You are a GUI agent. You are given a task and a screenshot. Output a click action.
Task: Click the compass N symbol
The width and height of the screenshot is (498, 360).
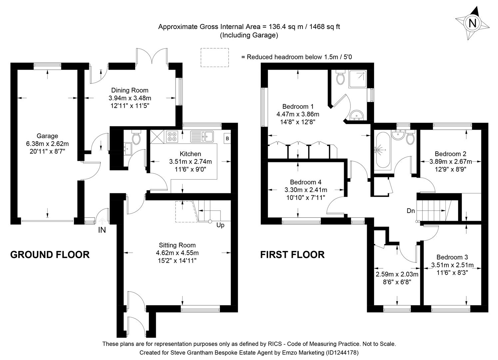(472, 23)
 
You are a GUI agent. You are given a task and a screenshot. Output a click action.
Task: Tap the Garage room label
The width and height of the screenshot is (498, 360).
(47, 136)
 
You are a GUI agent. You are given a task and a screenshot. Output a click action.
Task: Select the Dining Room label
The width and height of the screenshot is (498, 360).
(130, 90)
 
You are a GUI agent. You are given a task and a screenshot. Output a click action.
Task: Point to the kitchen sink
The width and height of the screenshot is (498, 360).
(202, 136)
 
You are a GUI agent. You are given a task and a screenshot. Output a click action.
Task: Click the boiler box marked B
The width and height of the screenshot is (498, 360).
(228, 138)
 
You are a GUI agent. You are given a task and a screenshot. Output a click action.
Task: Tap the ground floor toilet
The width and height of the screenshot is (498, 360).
(136, 137)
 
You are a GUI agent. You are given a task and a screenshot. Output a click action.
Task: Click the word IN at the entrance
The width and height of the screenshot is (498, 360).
(102, 230)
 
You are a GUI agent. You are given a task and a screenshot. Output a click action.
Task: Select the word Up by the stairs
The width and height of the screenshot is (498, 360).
(220, 225)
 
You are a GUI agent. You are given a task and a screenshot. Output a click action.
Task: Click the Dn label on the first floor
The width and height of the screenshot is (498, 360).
(411, 211)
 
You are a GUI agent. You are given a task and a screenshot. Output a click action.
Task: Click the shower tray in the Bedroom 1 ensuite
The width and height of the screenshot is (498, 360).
(357, 79)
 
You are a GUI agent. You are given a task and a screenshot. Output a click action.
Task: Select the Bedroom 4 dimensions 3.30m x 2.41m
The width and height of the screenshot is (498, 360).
(305, 190)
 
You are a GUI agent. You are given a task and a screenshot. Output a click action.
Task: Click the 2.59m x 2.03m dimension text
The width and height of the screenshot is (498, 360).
(397, 274)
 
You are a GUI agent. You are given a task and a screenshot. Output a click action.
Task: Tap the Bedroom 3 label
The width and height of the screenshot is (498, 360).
(452, 257)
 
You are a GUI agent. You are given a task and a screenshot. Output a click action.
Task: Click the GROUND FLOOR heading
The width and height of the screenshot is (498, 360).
(50, 255)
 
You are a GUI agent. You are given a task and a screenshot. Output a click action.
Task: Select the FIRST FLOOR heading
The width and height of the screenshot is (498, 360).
(292, 255)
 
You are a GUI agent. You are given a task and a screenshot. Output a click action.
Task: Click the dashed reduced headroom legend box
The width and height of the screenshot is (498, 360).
(215, 57)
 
